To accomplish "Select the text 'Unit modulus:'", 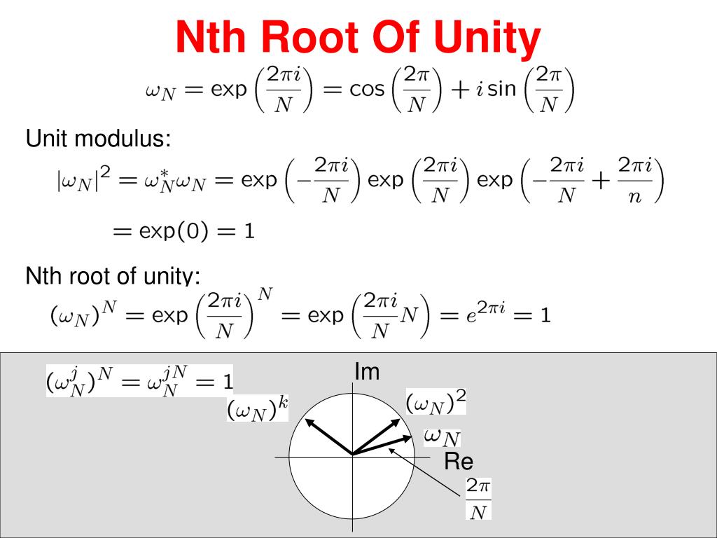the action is click(98, 139).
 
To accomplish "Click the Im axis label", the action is click(367, 372).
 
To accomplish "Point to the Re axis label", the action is click(459, 462).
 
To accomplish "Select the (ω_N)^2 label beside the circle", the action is click(436, 403).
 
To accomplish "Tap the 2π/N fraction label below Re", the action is click(479, 499).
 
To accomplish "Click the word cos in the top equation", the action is click(366, 91).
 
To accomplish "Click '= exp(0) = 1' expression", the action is click(183, 232).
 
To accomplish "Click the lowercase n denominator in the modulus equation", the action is click(634, 198).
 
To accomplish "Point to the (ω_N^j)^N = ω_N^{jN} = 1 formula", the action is click(139, 381).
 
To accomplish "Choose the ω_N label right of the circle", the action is click(443, 437).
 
